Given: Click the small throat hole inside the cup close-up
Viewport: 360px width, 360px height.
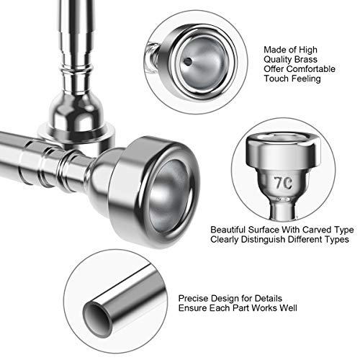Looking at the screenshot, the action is pyautogui.click(x=187, y=61).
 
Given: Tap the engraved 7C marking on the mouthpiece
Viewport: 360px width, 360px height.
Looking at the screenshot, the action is pyautogui.click(x=284, y=183).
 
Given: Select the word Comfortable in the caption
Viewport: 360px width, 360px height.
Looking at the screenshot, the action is pyautogui.click(x=311, y=69).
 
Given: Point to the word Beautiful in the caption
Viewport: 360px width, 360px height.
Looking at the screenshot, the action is pyautogui.click(x=228, y=230).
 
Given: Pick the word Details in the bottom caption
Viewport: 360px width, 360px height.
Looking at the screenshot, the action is pyautogui.click(x=268, y=298).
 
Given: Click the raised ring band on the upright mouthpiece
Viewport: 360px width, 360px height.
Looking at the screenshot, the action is pyautogui.click(x=76, y=68).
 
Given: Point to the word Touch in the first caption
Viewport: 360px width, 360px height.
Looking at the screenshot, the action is pyautogui.click(x=274, y=78).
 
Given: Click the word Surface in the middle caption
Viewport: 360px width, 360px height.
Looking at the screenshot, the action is pyautogui.click(x=264, y=230).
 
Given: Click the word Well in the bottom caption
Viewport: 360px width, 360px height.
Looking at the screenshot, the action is pyautogui.click(x=288, y=308).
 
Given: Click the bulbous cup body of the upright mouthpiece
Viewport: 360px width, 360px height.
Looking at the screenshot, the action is pyautogui.click(x=76, y=109).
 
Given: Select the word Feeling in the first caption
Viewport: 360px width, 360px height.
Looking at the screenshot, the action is pyautogui.click(x=304, y=79).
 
